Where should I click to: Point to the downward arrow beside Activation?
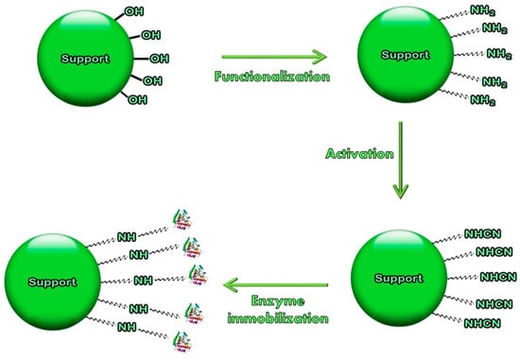click(x=402, y=159)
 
